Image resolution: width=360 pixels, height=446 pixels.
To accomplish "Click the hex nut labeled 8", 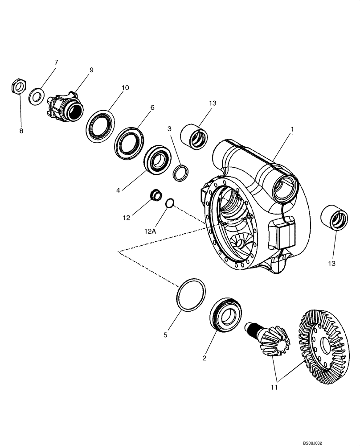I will [18, 86].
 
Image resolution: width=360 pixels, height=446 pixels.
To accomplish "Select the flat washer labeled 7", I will [36, 96].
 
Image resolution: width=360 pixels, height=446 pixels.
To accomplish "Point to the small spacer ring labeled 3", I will [180, 173].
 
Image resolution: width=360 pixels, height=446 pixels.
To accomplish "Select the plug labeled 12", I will [155, 196].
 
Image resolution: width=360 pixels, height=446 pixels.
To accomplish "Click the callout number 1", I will [292, 129].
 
